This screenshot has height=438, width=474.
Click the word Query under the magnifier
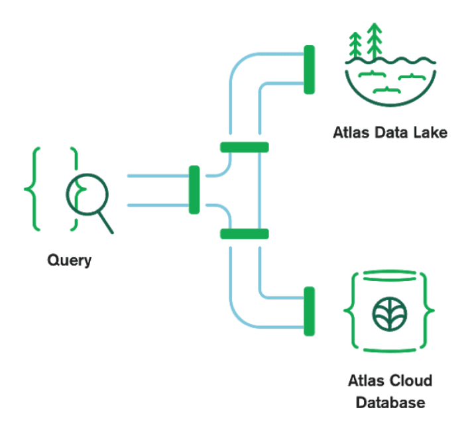click(69, 260)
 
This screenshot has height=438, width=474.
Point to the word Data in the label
click(391, 133)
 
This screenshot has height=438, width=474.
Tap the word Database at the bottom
click(390, 402)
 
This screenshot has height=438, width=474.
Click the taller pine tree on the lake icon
click(375, 40)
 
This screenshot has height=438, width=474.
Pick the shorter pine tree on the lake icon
click(357, 45)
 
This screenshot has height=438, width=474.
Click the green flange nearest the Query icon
click(194, 190)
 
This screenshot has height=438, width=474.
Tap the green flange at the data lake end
click(309, 70)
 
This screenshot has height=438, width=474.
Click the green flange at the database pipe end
click(309, 311)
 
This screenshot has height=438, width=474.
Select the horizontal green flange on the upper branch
click(244, 147)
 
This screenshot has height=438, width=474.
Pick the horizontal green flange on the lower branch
click(244, 233)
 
